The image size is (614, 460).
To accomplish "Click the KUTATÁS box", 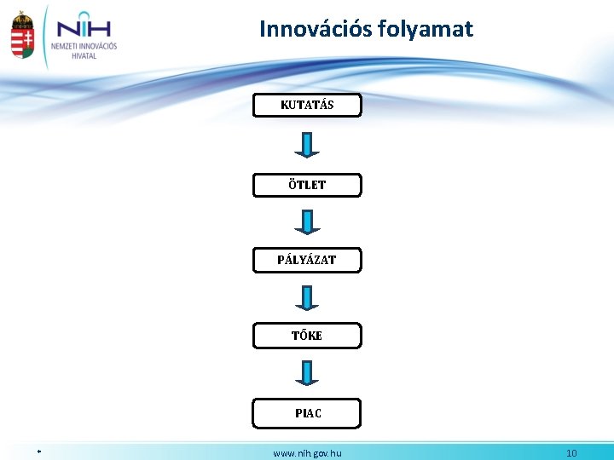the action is coord(307,106).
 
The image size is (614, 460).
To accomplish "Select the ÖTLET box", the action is coord(307,185).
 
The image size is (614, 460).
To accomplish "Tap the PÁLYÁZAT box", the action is coord(307,260).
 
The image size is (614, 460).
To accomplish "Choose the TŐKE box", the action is coord(307,336).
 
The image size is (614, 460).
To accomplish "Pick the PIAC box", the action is coord(307,413).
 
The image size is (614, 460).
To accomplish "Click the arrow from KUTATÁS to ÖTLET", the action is coord(307,145).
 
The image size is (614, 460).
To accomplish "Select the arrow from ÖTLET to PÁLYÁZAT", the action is coord(307,222).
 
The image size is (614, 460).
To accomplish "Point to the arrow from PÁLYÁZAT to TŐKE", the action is coord(307,298).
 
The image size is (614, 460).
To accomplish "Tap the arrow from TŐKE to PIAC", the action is coord(307,373).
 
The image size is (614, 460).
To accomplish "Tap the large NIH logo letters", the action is coord(84,25).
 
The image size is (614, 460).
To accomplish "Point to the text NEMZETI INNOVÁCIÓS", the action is coord(84,46).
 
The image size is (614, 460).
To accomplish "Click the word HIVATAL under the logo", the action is coord(84,56).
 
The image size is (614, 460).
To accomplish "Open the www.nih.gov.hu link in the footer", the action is coord(307,453).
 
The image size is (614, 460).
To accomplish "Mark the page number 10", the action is coord(571,453).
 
